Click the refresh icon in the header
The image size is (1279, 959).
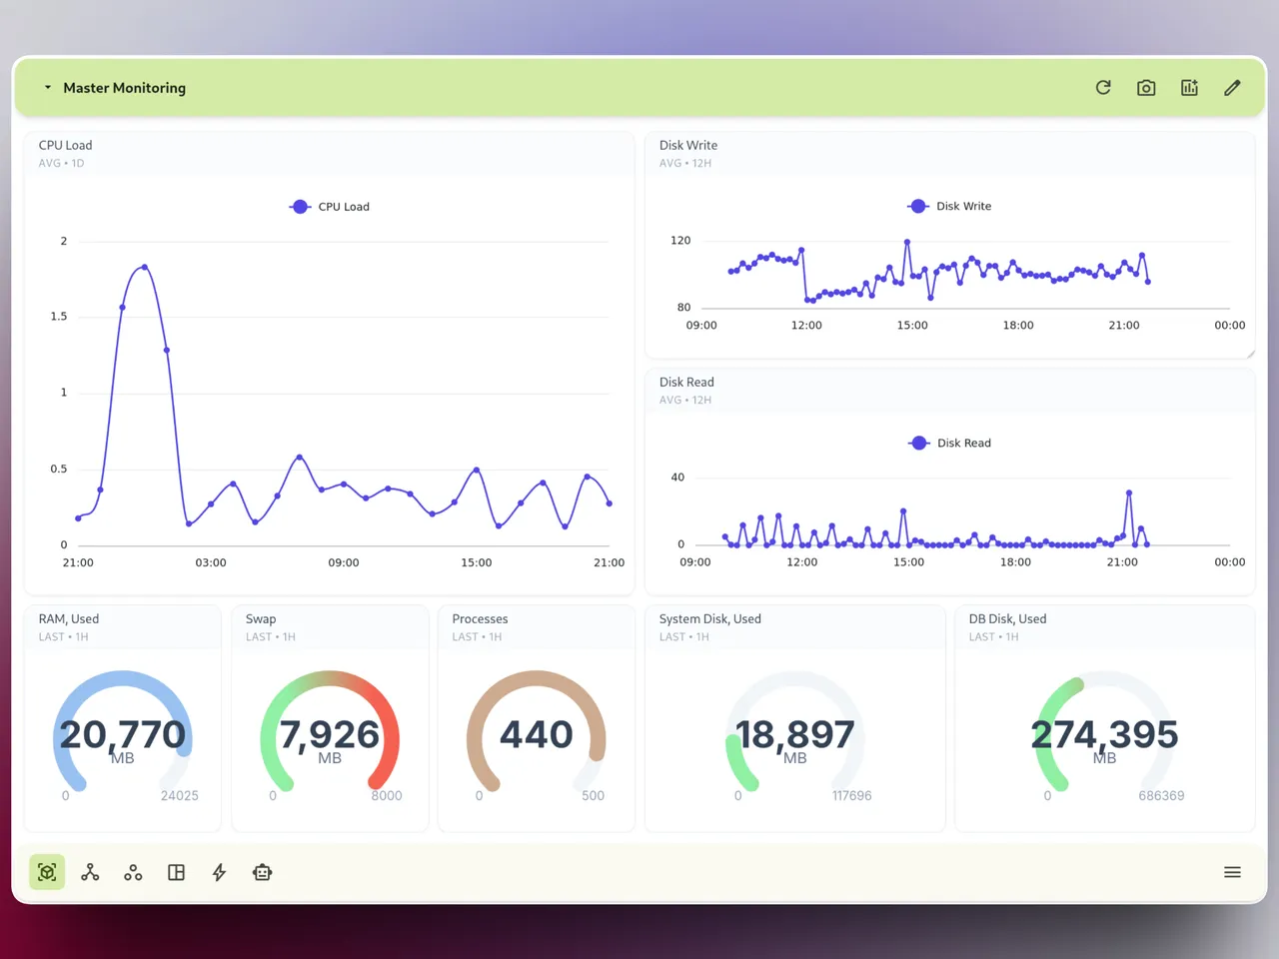coord(1103,88)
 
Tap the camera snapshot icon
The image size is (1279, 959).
coord(1146,88)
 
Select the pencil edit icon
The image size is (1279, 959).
coord(1232,88)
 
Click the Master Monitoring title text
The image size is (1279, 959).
coord(124,88)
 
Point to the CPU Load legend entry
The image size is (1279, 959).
coord(330,207)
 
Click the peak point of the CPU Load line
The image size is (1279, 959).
coord(145,267)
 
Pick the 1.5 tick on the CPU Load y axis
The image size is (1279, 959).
coord(59,317)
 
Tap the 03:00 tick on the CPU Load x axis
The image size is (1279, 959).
coord(211,563)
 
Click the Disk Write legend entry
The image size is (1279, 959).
coord(950,206)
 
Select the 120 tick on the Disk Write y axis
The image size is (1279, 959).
coord(680,241)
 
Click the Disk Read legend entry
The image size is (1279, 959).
coord(950,443)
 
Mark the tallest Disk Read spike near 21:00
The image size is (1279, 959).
coord(1129,493)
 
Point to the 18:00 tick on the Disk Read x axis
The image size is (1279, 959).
coord(1015,562)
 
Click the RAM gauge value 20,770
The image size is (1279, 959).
coord(123,735)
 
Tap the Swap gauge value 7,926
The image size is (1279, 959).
coord(330,735)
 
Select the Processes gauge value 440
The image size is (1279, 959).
coord(537,735)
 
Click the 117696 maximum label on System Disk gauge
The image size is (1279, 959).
coord(851,796)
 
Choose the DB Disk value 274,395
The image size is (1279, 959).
coord(1104,735)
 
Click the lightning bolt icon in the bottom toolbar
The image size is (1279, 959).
coord(219,873)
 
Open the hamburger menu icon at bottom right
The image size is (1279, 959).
coord(1232,873)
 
